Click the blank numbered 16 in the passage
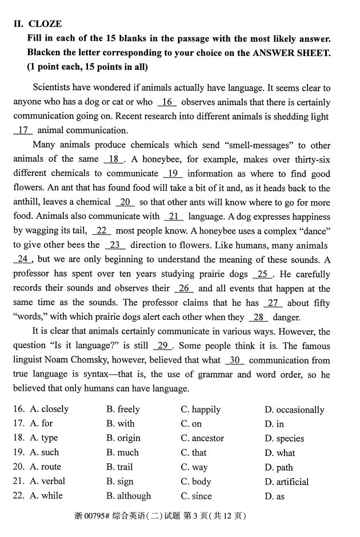coord(166,102)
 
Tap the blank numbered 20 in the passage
coord(125,202)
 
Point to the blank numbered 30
coord(235,360)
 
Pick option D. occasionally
coord(294,410)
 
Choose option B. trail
coord(119,467)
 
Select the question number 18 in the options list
coord(19,438)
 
